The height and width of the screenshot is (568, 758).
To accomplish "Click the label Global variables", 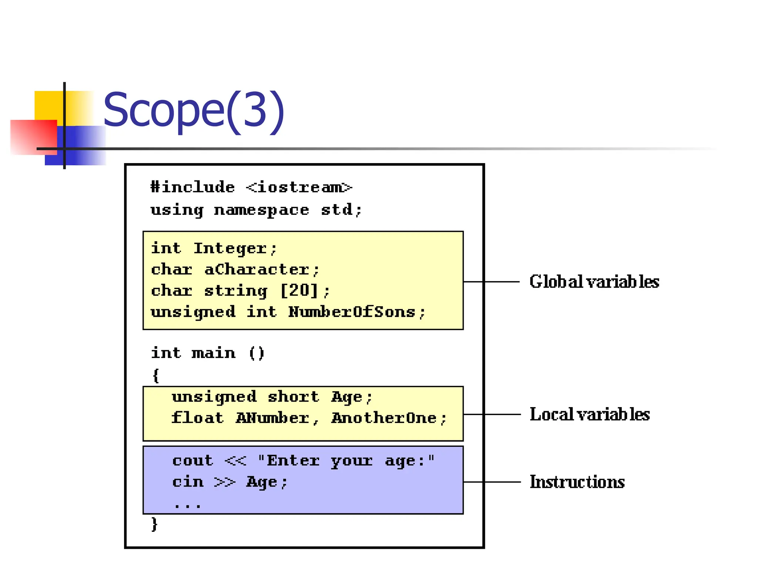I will [594, 282].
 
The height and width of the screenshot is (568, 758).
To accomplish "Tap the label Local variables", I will [590, 415].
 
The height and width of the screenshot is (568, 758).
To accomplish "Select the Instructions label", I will [577, 482].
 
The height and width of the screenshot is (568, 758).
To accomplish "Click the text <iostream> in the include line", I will [299, 187].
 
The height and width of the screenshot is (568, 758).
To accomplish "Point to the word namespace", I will [261, 210].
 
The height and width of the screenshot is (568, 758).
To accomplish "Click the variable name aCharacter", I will [257, 270].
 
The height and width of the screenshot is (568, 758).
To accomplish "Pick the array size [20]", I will [299, 291].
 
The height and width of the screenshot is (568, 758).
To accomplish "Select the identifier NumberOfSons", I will [352, 312].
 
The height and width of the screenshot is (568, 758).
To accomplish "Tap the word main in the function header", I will [214, 353].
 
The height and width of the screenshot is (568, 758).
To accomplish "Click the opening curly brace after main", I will [156, 376].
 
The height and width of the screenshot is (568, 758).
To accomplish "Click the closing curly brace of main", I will [154, 524].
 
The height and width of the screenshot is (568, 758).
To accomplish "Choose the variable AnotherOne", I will [384, 418].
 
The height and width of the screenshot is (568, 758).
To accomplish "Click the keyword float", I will [198, 418].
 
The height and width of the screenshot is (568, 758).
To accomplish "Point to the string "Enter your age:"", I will [346, 461].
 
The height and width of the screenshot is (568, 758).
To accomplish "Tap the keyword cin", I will [188, 482].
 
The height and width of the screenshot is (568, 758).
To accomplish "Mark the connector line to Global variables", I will [492, 282].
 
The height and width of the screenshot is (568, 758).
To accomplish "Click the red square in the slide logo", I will [33, 137].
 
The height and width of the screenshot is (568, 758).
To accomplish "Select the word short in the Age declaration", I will [293, 397].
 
